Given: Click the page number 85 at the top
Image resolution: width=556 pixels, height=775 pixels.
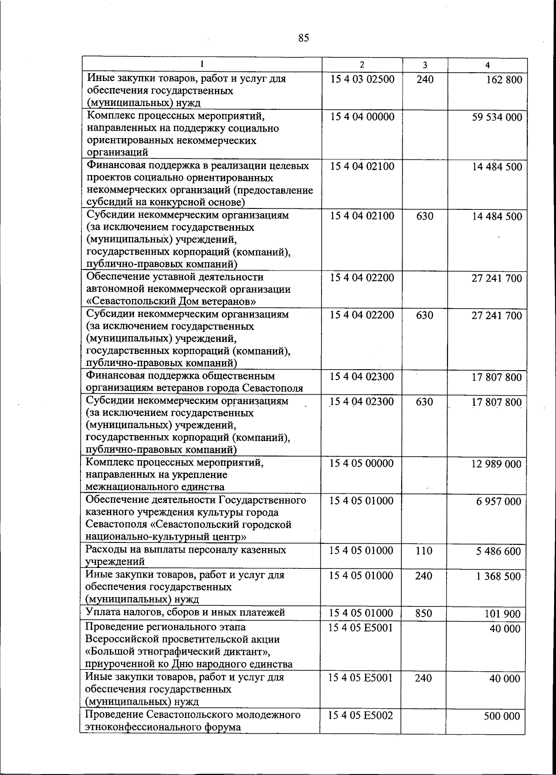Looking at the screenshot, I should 303,38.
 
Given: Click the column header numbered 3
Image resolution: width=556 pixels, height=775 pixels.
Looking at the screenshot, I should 425,65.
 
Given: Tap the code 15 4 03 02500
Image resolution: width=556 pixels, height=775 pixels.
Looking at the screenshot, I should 362,79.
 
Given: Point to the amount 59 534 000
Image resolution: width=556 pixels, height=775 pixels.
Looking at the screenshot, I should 497,117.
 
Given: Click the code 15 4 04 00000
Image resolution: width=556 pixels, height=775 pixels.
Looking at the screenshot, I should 362,116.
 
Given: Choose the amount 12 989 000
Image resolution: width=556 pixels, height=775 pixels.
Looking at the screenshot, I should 496,464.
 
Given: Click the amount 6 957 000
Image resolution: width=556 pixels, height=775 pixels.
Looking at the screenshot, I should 499,502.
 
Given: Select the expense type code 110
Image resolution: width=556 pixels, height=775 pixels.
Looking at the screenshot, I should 424,551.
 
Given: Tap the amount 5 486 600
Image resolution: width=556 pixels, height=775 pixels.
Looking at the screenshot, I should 499,552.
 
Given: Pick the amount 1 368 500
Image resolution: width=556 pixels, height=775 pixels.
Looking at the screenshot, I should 499,577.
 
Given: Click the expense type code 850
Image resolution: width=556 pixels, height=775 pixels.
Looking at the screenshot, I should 423,613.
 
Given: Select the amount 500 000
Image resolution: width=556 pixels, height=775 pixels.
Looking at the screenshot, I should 502,717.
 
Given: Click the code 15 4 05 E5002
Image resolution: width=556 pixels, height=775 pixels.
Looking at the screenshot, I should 360,716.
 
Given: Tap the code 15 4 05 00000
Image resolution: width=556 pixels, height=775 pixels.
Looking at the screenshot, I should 361,464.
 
